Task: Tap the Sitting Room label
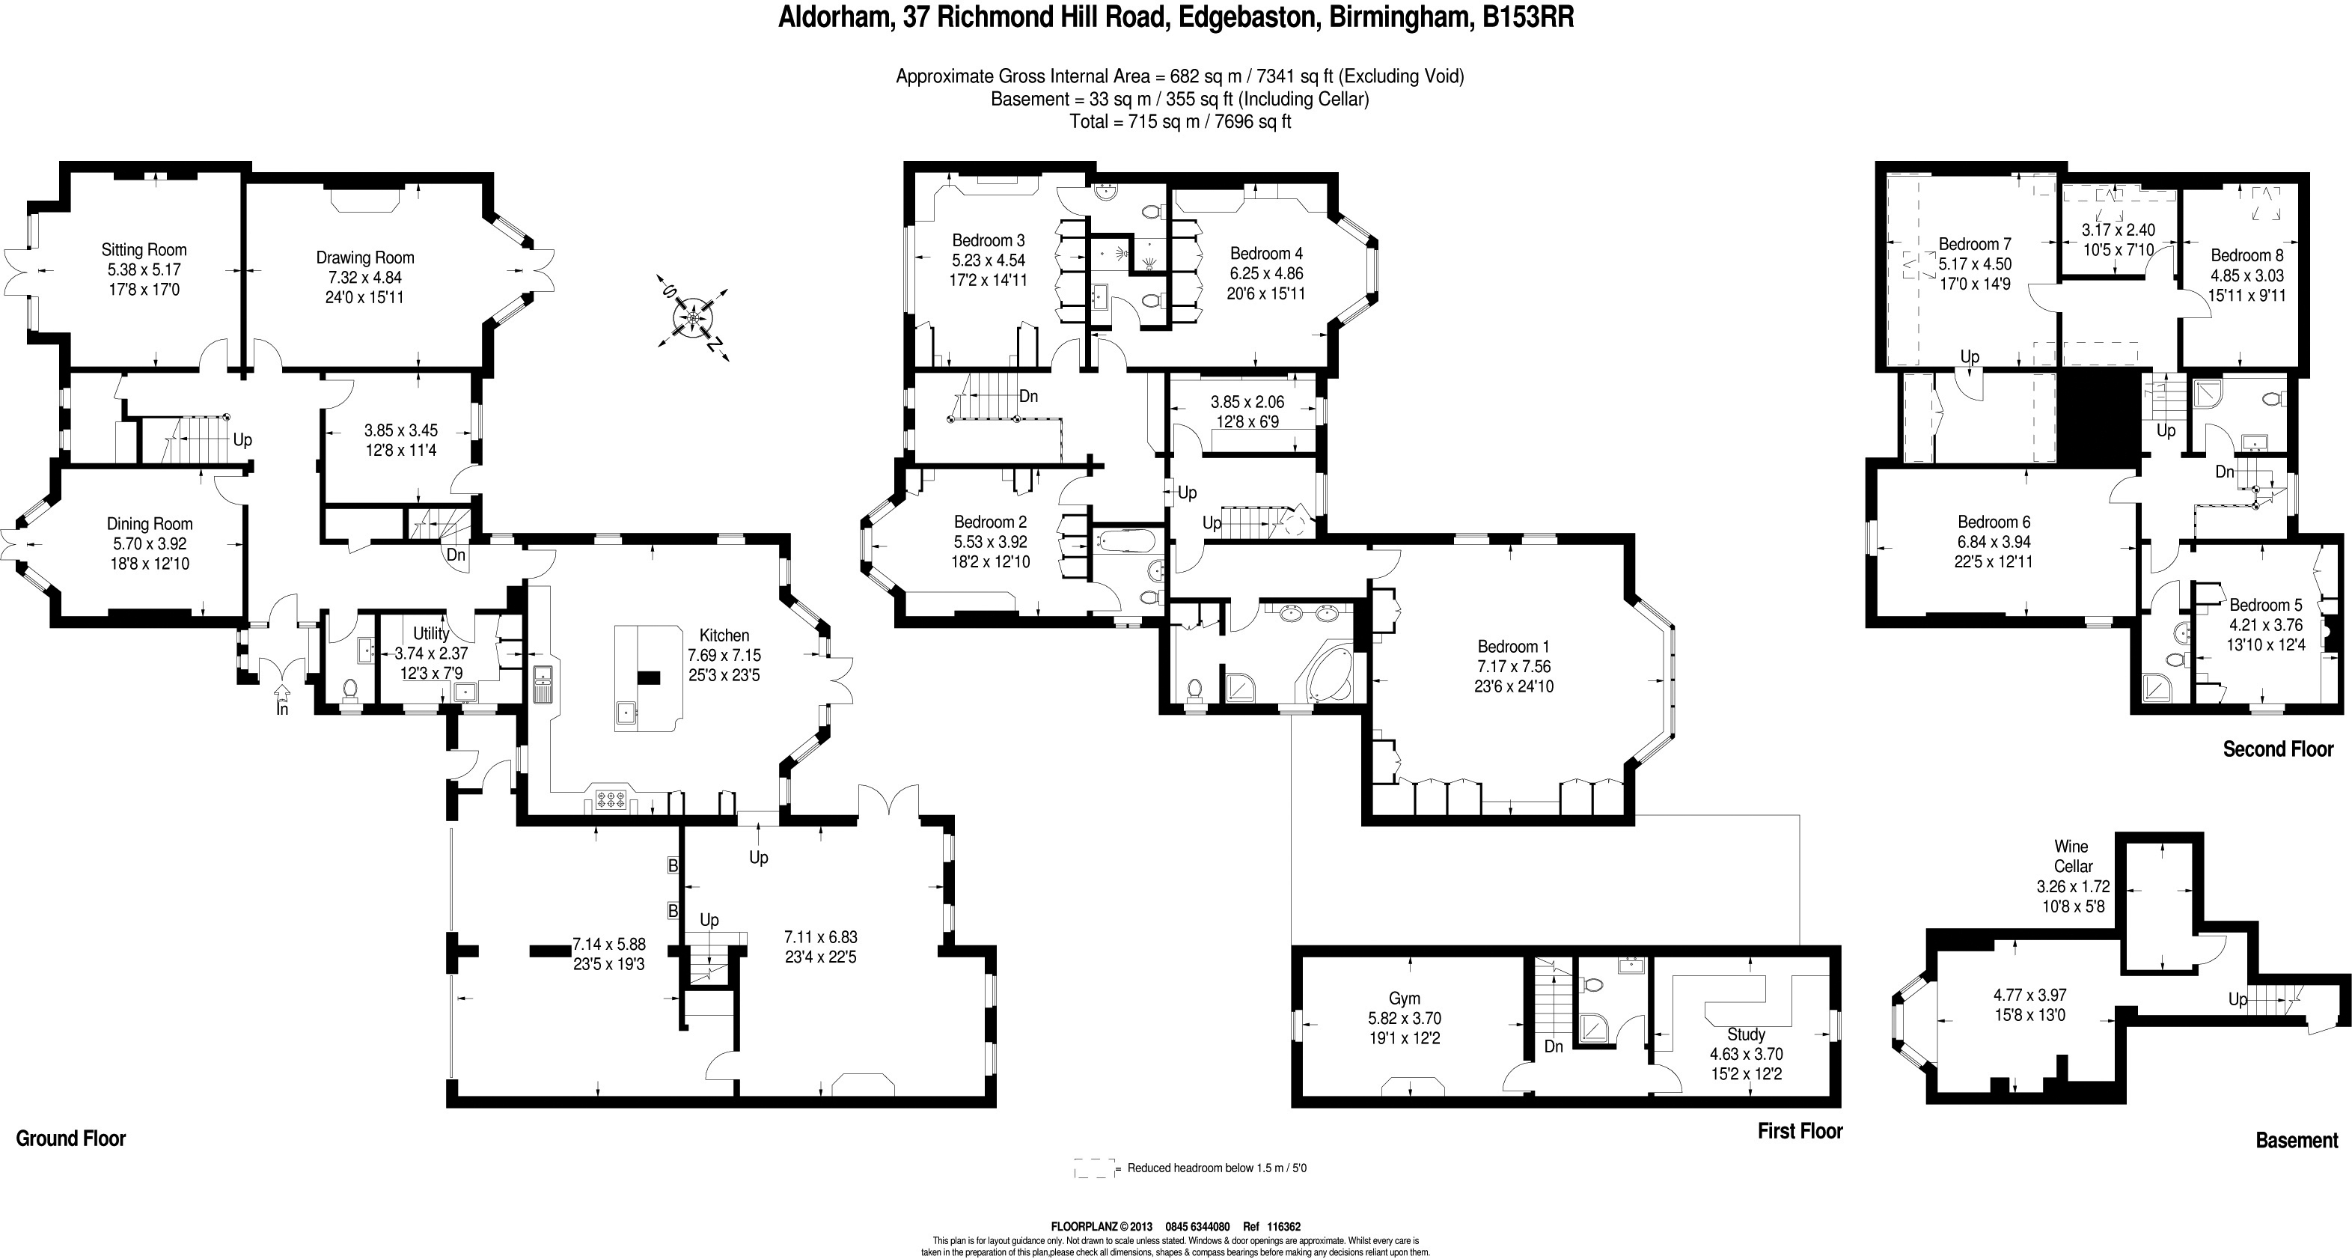pyautogui.click(x=144, y=249)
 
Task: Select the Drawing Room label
pyautogui.click(x=364, y=257)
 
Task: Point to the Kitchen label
pyautogui.click(x=724, y=635)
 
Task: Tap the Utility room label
pyautogui.click(x=431, y=632)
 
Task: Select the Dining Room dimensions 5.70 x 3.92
pyautogui.click(x=149, y=544)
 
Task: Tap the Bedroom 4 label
pyautogui.click(x=1266, y=253)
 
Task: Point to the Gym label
pyautogui.click(x=1405, y=999)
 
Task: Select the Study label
pyautogui.click(x=1746, y=1034)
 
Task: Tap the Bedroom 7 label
pyautogui.click(x=1975, y=244)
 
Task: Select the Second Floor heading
pyautogui.click(x=2277, y=749)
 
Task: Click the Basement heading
pyautogui.click(x=2297, y=1140)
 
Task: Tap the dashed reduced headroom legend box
pyautogui.click(x=1095, y=1168)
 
